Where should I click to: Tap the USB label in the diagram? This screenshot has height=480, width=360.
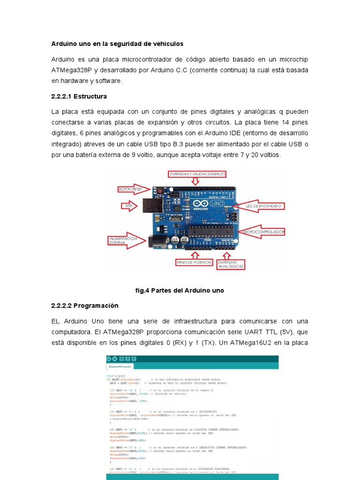[x=126, y=205]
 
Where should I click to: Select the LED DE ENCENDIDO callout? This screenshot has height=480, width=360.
[x=264, y=206]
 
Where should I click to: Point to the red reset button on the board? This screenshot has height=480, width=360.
[x=160, y=191]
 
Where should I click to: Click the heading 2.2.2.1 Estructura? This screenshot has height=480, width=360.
[x=79, y=96]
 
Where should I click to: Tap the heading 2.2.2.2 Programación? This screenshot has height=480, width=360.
[x=85, y=306]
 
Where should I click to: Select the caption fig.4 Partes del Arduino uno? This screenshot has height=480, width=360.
[x=180, y=291]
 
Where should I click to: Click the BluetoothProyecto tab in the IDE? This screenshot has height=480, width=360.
[x=120, y=366]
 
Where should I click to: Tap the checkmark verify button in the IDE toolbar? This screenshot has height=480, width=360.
[x=110, y=359]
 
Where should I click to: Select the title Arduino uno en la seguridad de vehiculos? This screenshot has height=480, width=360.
[x=117, y=44]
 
